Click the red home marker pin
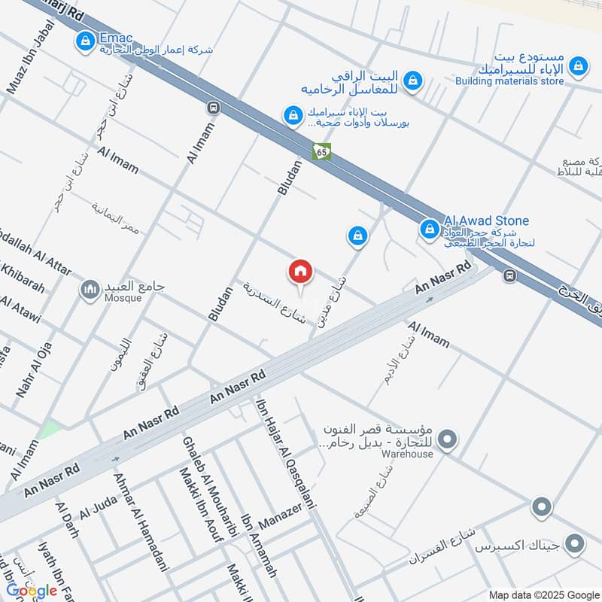[301, 272]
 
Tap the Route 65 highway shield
[322, 151]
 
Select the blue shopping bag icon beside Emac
[86, 39]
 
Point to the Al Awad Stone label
[486, 220]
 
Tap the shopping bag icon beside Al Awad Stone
[429, 228]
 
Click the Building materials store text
[509, 81]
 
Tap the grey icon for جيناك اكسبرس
[576, 543]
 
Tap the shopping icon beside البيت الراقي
[412, 79]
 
